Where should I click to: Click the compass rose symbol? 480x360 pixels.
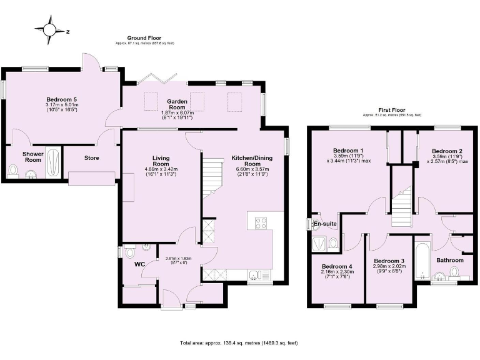(49, 29)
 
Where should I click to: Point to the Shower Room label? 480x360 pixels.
(32, 156)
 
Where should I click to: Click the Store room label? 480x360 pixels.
(92, 157)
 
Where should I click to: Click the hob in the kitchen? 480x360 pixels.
(261, 222)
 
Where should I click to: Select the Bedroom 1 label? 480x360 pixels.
(348, 151)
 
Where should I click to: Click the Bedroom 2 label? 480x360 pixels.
(447, 151)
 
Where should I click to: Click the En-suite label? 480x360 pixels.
(324, 224)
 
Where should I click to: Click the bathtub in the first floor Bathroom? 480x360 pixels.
(423, 259)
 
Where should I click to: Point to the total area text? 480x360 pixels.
(239, 343)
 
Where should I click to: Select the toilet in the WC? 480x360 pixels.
(130, 253)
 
